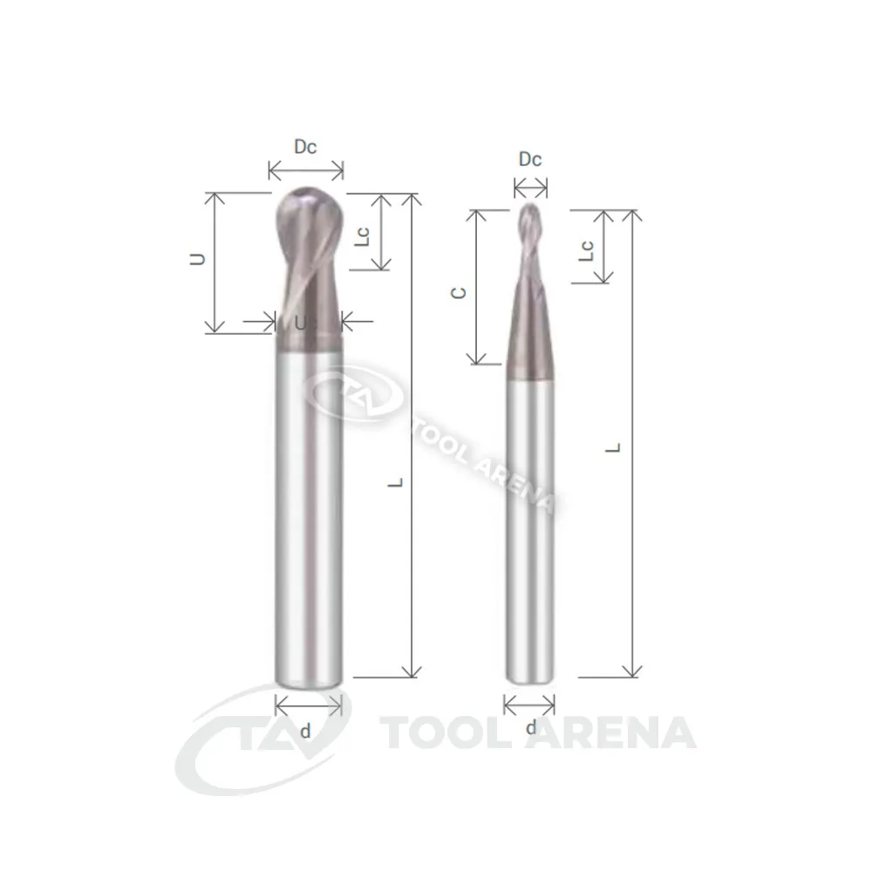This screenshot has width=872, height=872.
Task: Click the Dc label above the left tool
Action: click(305, 146)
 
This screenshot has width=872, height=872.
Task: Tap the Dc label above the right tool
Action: click(530, 160)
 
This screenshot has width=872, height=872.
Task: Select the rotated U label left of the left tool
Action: click(198, 259)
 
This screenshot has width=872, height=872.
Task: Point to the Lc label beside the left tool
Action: click(362, 236)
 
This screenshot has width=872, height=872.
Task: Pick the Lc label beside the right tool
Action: click(587, 251)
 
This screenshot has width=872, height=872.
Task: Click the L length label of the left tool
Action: click(395, 482)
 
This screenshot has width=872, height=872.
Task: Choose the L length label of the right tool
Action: click(613, 447)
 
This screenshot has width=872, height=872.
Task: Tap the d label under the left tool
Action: click(305, 731)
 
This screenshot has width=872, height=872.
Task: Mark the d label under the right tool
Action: click(531, 727)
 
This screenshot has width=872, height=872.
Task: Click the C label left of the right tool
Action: click(459, 292)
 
